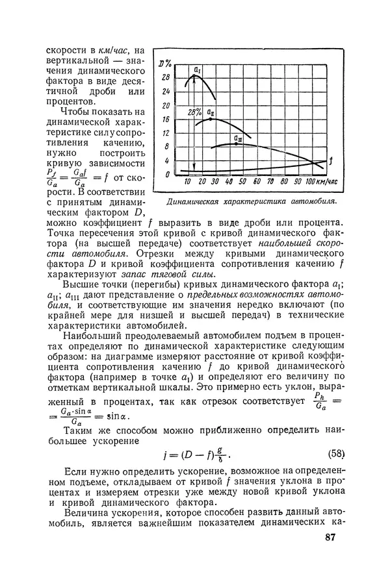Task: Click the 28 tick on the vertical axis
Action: tap(166, 77)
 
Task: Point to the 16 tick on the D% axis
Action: tap(166, 119)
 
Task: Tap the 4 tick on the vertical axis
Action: tap(167, 160)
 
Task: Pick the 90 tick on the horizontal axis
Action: tap(296, 182)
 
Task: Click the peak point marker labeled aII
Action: tap(211, 119)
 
